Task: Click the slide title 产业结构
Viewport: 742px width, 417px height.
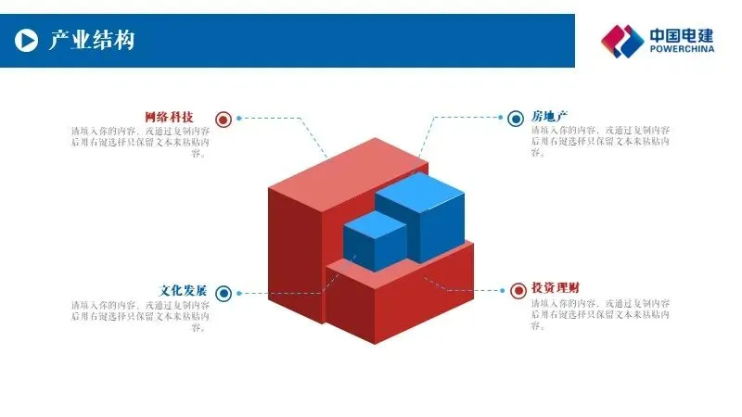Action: click(x=91, y=40)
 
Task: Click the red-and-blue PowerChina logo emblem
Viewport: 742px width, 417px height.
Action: click(x=621, y=41)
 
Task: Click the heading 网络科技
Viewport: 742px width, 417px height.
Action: click(x=169, y=118)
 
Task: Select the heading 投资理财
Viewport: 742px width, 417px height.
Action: click(x=556, y=288)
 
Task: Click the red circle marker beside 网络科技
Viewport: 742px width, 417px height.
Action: click(x=223, y=119)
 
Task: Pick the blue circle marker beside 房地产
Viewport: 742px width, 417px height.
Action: click(x=515, y=119)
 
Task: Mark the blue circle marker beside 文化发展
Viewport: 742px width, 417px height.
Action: click(x=223, y=294)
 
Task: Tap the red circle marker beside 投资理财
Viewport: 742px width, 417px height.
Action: click(x=518, y=291)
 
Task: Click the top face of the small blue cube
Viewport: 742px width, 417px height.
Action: click(x=375, y=223)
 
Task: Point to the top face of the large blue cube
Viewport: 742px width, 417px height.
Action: click(x=419, y=190)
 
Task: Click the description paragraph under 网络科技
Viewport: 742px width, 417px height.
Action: click(x=140, y=142)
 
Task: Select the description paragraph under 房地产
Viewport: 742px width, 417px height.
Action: click(x=601, y=142)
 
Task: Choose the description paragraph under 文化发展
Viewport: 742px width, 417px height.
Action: click(x=140, y=315)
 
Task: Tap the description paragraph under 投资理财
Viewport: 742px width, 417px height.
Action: click(x=601, y=315)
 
